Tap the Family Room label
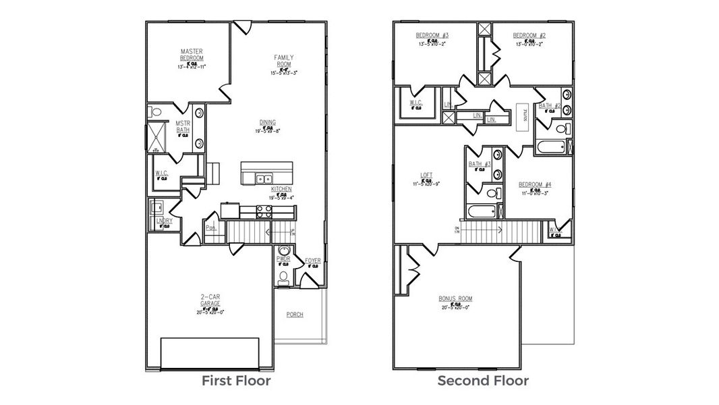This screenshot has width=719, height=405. [284, 60]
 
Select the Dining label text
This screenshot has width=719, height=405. [267, 122]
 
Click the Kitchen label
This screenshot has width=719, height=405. [281, 189]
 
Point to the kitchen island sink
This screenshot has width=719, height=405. [264, 179]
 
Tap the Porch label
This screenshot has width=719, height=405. [295, 315]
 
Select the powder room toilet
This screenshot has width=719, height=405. [283, 277]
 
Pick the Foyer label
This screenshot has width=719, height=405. [313, 260]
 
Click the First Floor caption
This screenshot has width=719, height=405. [236, 381]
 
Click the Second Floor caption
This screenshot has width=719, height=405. [483, 381]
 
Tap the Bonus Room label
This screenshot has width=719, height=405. [455, 298]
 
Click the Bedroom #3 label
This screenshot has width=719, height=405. [428, 35]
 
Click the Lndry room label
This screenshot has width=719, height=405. [164, 221]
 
